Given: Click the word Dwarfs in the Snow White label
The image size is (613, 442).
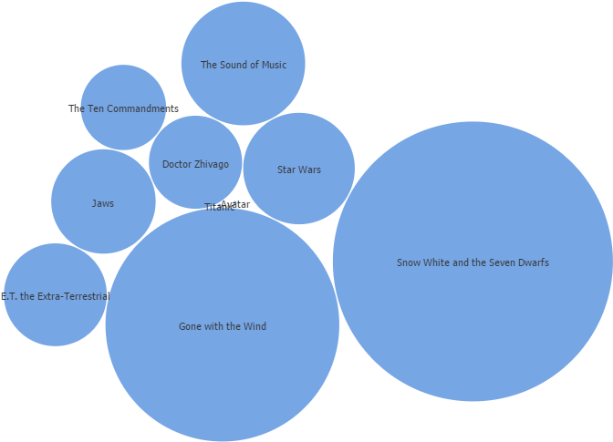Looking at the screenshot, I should coord(533,262).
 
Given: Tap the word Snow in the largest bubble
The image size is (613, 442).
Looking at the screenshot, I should coord(409,262).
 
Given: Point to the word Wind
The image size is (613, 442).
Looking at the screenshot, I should coord(255,326).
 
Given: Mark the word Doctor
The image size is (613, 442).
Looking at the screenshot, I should coord(177,164).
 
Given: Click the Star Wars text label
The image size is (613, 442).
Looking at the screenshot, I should coord(299,170).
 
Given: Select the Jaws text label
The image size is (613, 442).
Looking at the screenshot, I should coord(103,203).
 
